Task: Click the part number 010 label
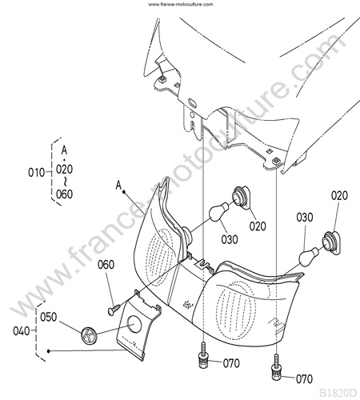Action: coord(37,173)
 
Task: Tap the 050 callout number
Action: coord(49,317)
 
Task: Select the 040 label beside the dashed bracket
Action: coord(22,331)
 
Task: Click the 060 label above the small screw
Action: coord(106,265)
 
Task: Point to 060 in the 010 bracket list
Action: coord(64,194)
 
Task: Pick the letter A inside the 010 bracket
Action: coord(64,150)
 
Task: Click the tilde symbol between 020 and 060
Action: coord(65,182)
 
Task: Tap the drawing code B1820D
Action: coord(338,393)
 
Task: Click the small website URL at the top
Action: coord(180,4)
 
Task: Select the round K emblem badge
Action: coord(89,334)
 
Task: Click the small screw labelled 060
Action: coord(114,310)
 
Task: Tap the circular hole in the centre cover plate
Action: coord(134,324)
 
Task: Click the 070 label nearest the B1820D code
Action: coord(304,378)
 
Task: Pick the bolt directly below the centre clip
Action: coord(203,355)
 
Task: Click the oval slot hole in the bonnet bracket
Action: coord(192,102)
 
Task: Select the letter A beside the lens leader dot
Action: coord(118,185)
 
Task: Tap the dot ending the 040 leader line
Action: coord(48,351)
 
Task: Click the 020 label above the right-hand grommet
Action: coord(339,195)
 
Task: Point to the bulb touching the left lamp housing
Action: coord(220,211)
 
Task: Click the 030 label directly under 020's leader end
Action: coord(305,218)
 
